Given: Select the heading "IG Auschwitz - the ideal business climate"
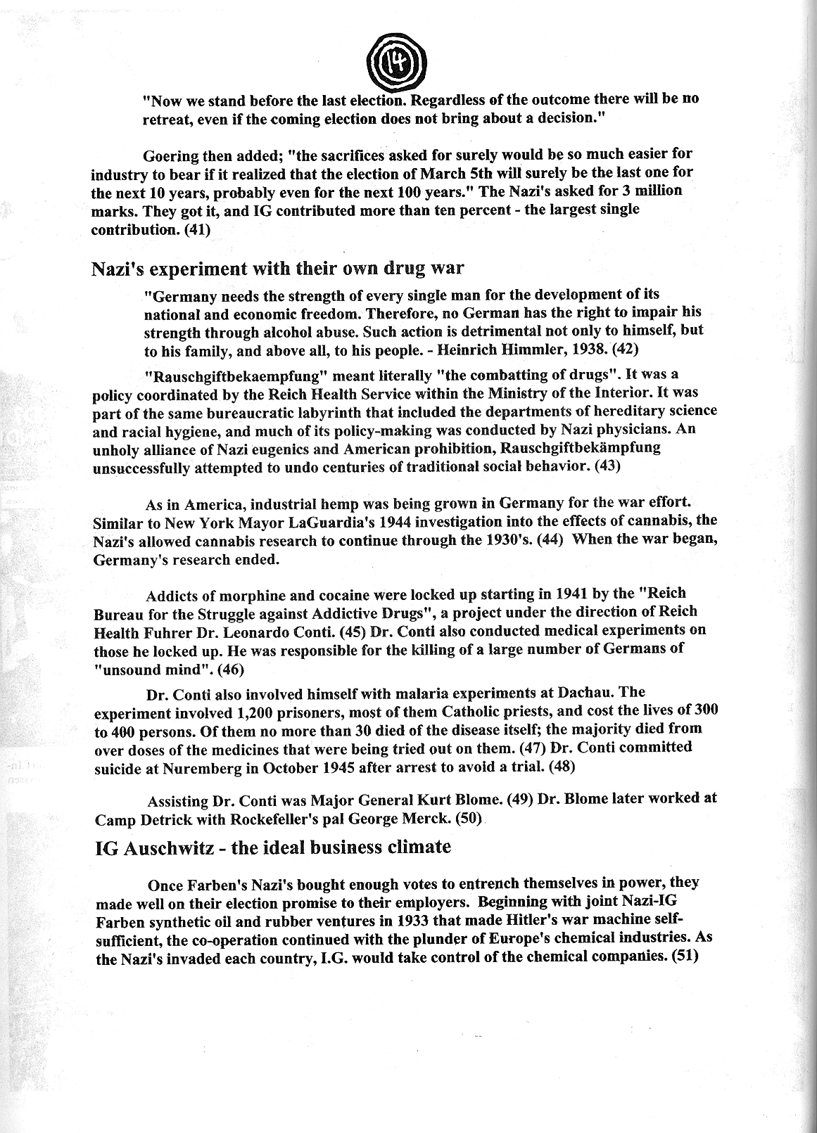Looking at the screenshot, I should pos(272,846).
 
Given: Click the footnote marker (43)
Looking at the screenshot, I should pos(607,466).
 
